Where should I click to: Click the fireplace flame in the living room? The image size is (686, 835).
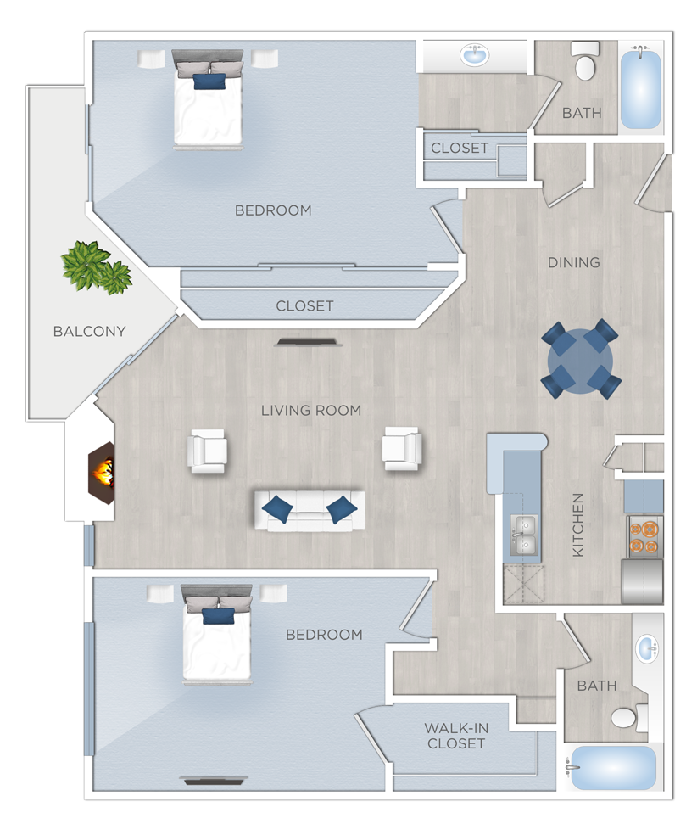[103, 472]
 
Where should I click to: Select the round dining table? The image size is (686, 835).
[581, 359]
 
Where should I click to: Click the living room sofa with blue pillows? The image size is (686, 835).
[310, 510]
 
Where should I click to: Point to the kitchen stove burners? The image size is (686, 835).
[644, 536]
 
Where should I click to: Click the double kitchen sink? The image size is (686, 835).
[523, 535]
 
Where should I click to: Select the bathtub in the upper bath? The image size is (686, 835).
[640, 89]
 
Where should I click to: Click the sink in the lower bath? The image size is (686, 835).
[648, 650]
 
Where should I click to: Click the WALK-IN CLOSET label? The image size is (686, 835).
[456, 735]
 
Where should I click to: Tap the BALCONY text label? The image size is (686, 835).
[89, 332]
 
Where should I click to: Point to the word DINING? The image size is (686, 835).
[573, 262]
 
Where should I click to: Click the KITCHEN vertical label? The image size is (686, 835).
[578, 524]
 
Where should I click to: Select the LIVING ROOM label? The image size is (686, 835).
[311, 411]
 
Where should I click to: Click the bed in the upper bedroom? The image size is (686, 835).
[209, 102]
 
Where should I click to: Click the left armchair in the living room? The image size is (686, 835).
[208, 451]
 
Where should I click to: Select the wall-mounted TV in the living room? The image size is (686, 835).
[308, 342]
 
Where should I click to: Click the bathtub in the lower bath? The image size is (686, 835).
[613, 768]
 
